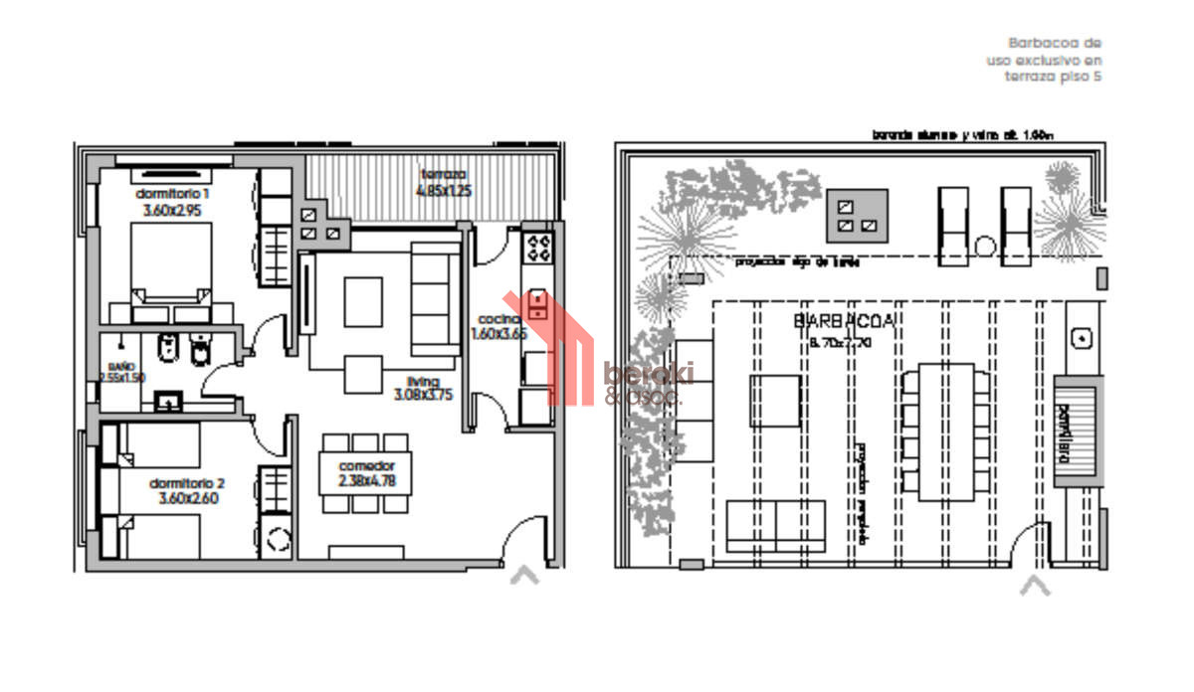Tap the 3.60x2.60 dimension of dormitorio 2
(187, 499)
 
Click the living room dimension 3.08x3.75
(422, 394)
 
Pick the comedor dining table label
(367, 465)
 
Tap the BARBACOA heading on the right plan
(844, 320)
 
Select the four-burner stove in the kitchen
(539, 246)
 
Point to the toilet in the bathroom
(202, 352)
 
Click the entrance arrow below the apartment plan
(524, 575)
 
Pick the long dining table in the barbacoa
(945, 432)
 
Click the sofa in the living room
(436, 298)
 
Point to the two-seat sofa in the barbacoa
(776, 526)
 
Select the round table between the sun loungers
(985, 247)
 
